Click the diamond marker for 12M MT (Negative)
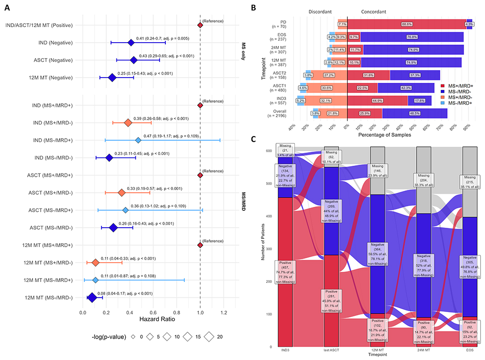click(112, 77)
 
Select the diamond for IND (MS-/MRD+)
click(138, 140)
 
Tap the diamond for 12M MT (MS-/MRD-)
click(92, 297)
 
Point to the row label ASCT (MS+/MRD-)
click(48, 192)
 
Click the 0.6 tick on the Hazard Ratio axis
click(153, 313)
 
